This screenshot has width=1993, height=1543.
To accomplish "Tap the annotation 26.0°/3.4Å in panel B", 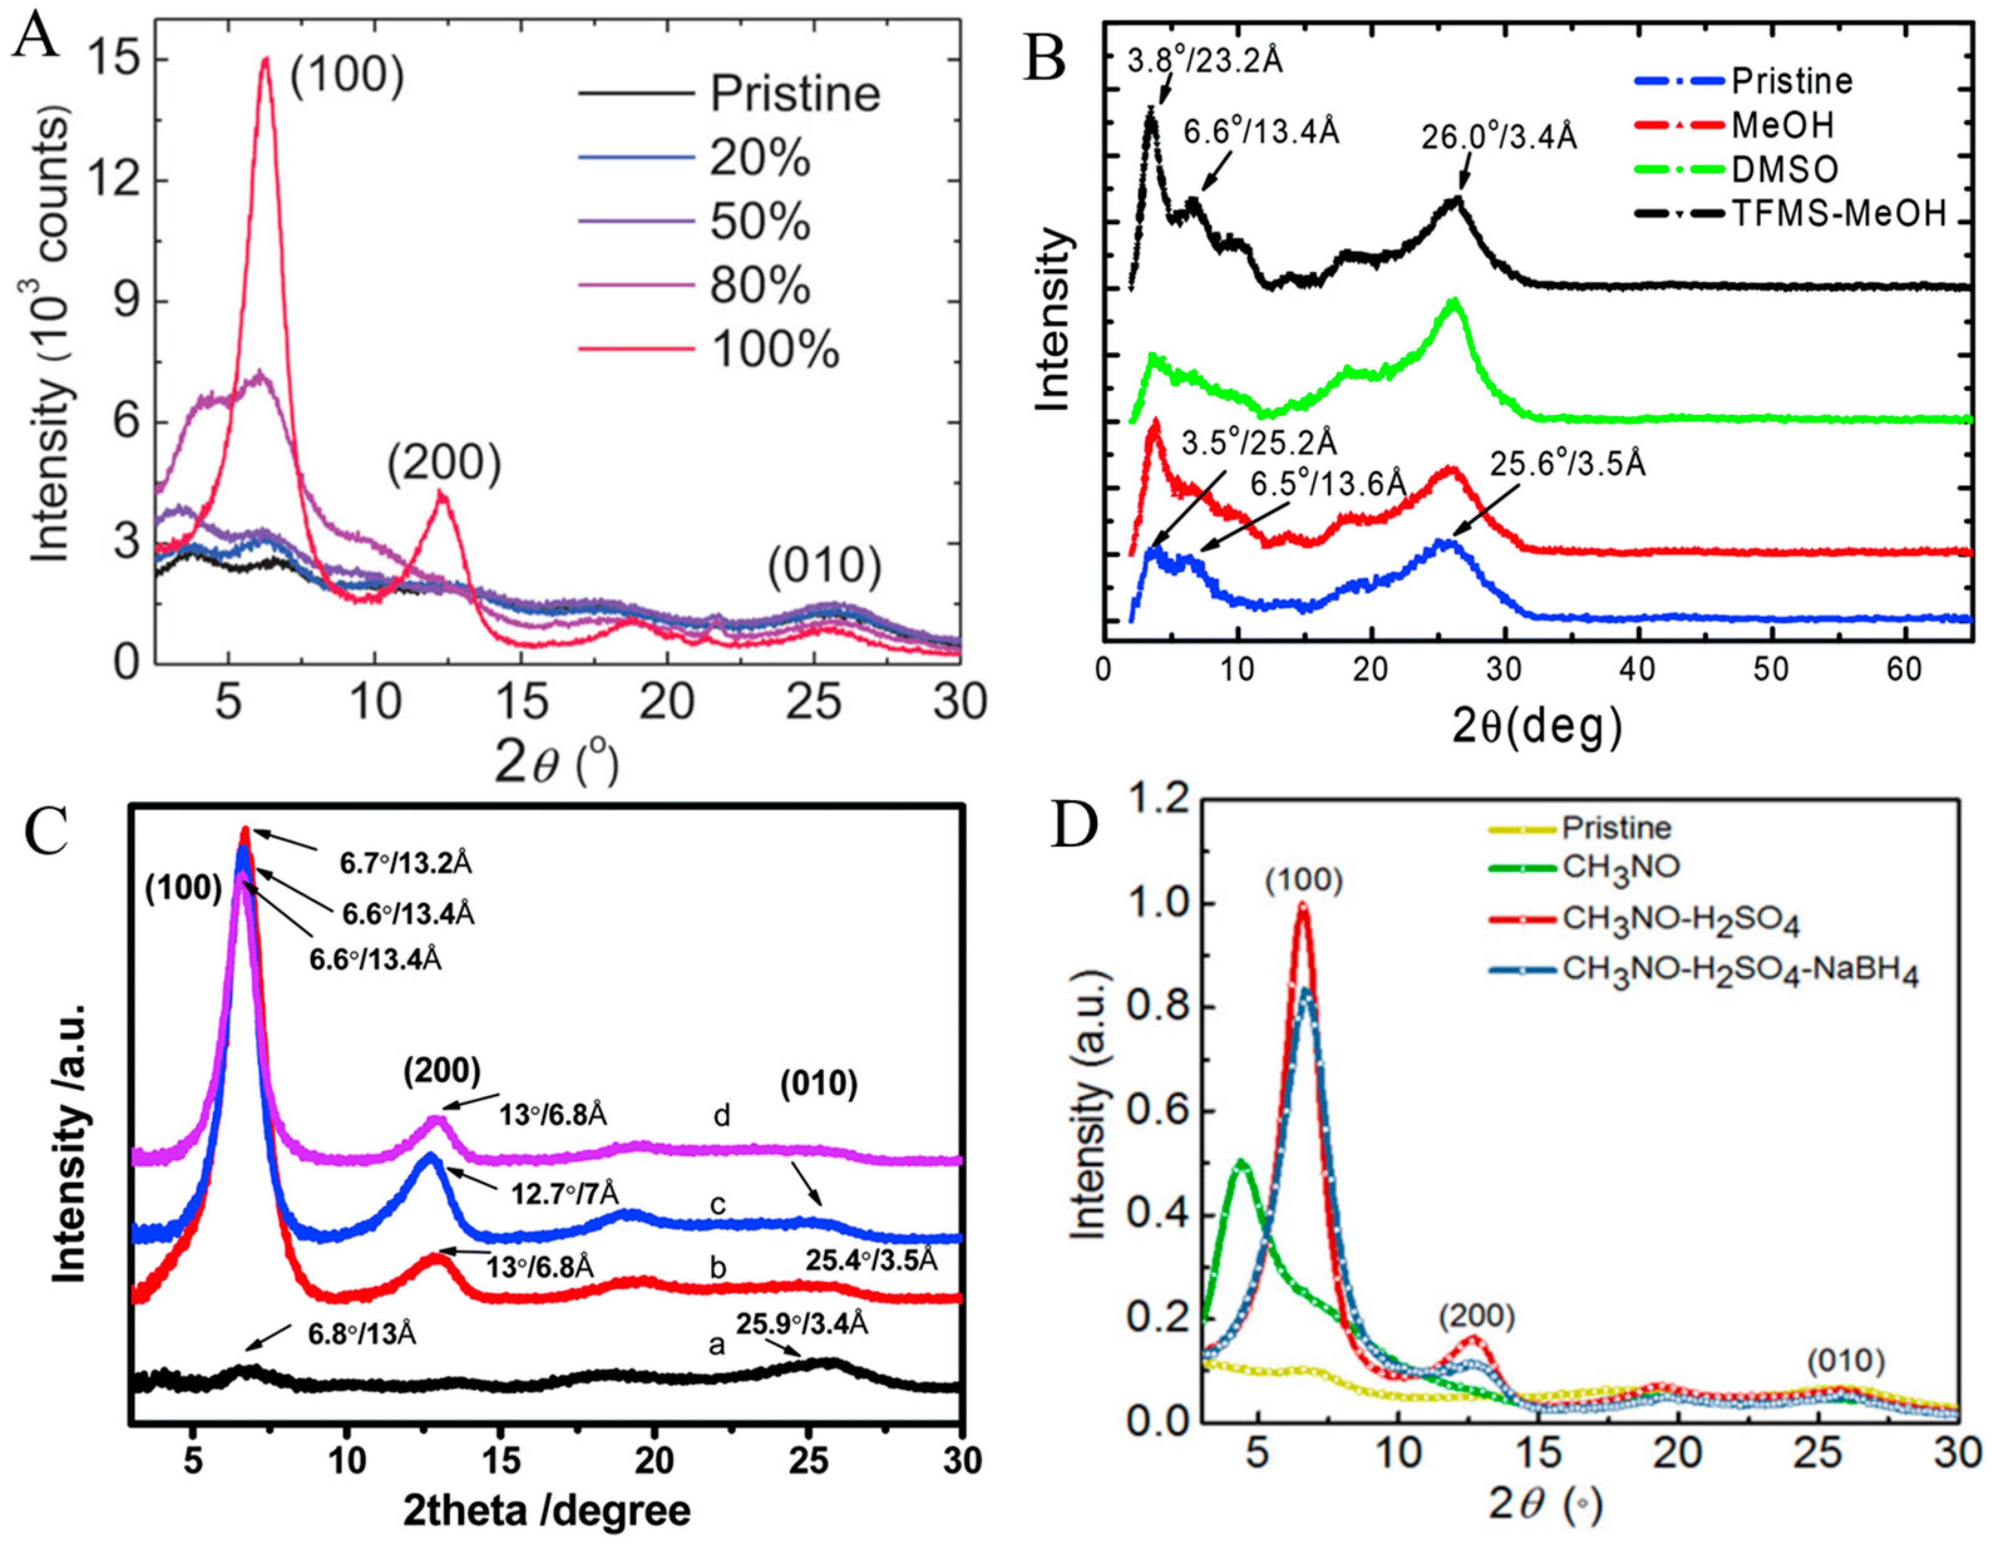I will point(1498,137).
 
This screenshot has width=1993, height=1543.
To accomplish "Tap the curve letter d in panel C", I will point(723,1116).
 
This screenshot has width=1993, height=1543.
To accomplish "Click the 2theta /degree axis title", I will point(545,1511).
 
